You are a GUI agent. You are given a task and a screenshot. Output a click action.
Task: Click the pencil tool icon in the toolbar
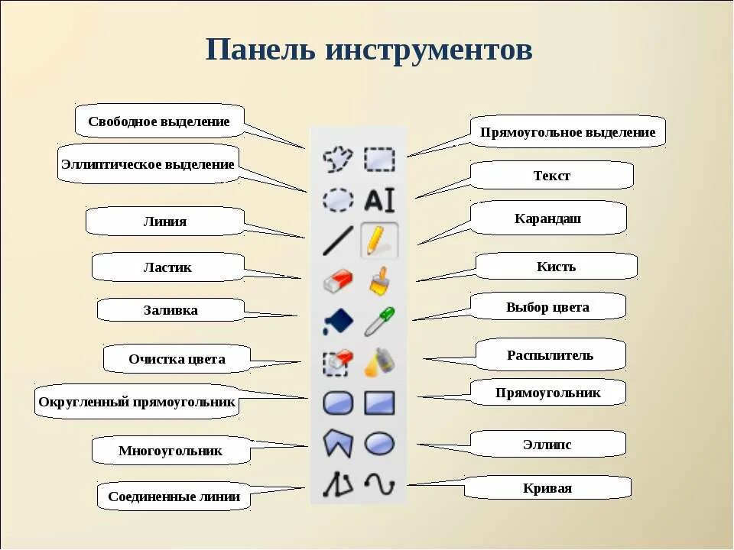pyautogui.click(x=377, y=240)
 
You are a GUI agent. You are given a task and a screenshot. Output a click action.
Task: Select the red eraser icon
pyautogui.click(x=337, y=280)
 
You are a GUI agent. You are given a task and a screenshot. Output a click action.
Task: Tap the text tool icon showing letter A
pyautogui.click(x=378, y=200)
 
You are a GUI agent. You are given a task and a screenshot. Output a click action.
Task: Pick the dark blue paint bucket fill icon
pyautogui.click(x=337, y=321)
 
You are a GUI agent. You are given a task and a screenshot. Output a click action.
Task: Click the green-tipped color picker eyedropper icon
pyautogui.click(x=378, y=321)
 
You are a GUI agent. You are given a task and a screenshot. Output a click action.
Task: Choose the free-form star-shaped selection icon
pyautogui.click(x=337, y=159)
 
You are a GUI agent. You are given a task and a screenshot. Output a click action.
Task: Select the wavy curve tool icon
pyautogui.click(x=378, y=483)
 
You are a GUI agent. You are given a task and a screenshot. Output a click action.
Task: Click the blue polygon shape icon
pyautogui.click(x=337, y=442)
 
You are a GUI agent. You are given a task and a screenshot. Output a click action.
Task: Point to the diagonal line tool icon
pyautogui.click(x=337, y=240)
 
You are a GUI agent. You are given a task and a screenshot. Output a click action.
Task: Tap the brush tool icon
pyautogui.click(x=378, y=280)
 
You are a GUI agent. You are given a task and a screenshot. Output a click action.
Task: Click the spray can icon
pyautogui.click(x=378, y=361)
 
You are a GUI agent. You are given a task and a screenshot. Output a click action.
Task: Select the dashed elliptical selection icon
pyautogui.click(x=337, y=200)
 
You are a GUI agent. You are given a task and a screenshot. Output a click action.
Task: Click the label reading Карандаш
pyautogui.click(x=548, y=218)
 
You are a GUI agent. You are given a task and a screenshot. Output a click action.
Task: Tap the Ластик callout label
pyautogui.click(x=167, y=267)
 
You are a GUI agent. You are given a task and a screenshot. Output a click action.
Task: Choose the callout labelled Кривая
pyautogui.click(x=547, y=488)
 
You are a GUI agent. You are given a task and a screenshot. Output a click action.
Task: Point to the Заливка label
pyautogui.click(x=171, y=310)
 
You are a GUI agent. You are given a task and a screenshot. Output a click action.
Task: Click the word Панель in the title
pyautogui.click(x=260, y=50)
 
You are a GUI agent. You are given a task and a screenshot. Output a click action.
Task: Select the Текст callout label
pyautogui.click(x=551, y=176)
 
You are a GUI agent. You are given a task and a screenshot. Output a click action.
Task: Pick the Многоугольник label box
pyautogui.click(x=171, y=450)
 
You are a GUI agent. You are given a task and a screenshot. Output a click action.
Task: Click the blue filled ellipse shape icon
pyautogui.click(x=379, y=442)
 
